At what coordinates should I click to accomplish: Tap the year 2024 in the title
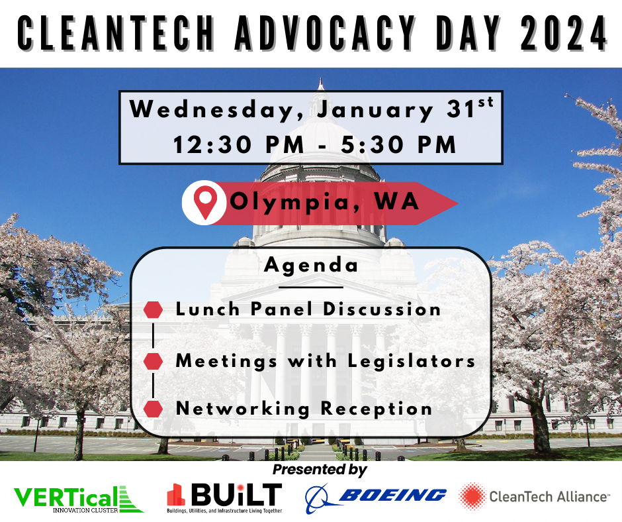[x=563, y=33]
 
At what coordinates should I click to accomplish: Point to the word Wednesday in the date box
[x=216, y=109]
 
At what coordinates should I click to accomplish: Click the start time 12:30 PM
[x=239, y=144]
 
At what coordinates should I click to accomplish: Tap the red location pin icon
[x=205, y=203]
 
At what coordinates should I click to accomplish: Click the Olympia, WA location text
[x=324, y=202]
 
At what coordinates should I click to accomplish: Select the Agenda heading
[x=311, y=264]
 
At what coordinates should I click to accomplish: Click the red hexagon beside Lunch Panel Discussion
[x=153, y=310]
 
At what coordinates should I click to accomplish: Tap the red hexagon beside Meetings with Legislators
[x=153, y=361]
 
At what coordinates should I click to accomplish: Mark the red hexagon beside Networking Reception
[x=153, y=409]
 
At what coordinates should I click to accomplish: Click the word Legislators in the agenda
[x=412, y=362]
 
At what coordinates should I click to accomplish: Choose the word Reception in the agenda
[x=377, y=409]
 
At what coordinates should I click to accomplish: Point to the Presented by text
[x=320, y=470]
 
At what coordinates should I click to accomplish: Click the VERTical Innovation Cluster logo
[x=79, y=499]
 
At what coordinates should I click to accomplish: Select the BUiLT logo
[x=224, y=497]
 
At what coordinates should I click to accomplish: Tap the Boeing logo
[x=375, y=497]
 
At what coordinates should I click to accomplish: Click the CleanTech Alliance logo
[x=533, y=496]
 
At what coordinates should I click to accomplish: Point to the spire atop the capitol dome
[x=320, y=85]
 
